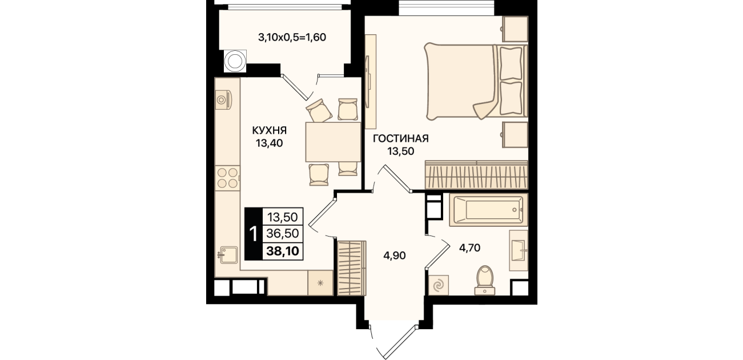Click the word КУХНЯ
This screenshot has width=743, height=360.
point(270,130)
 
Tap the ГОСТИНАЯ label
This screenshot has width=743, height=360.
point(401,138)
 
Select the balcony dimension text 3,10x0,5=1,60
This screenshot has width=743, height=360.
point(292,37)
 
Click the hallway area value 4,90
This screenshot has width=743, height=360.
point(395,255)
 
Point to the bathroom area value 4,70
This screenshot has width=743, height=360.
point(469,247)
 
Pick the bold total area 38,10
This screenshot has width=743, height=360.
point(283,251)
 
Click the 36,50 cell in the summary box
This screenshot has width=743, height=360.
point(283,234)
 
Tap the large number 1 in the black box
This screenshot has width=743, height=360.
point(254,234)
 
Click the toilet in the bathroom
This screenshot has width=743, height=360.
point(485,281)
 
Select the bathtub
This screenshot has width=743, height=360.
point(488,210)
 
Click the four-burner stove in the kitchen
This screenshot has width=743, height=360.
point(227,178)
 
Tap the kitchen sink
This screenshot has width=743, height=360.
point(228,255)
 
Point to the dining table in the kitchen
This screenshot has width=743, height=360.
point(333,142)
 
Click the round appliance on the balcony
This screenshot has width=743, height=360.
point(235,61)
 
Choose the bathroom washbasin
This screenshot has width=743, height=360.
point(519,250)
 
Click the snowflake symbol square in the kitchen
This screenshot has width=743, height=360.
point(320,283)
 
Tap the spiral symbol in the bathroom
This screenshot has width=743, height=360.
point(439,285)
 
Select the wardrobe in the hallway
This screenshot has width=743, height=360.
point(352,268)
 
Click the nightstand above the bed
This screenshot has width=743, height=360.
point(515,29)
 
